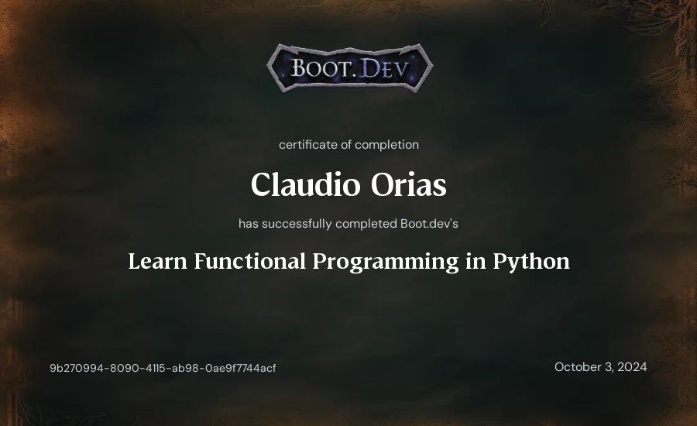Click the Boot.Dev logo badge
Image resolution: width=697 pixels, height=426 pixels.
point(350,68)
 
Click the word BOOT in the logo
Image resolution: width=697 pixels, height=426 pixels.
point(320,69)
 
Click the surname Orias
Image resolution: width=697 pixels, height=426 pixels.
point(408,184)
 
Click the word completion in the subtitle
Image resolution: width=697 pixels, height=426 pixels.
point(386,145)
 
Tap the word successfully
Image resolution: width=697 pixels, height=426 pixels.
point(297,224)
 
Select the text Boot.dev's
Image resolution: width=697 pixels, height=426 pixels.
point(429,223)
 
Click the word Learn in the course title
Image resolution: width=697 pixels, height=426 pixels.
point(157,262)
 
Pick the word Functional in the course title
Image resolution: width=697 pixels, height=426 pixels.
point(250,262)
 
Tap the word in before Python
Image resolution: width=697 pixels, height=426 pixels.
point(476,262)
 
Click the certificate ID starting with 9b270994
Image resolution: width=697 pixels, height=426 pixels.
point(163,368)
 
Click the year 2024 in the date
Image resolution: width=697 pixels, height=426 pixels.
point(632,367)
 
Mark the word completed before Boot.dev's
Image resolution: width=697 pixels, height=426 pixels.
point(366,224)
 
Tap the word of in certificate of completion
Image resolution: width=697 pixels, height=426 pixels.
point(346,145)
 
